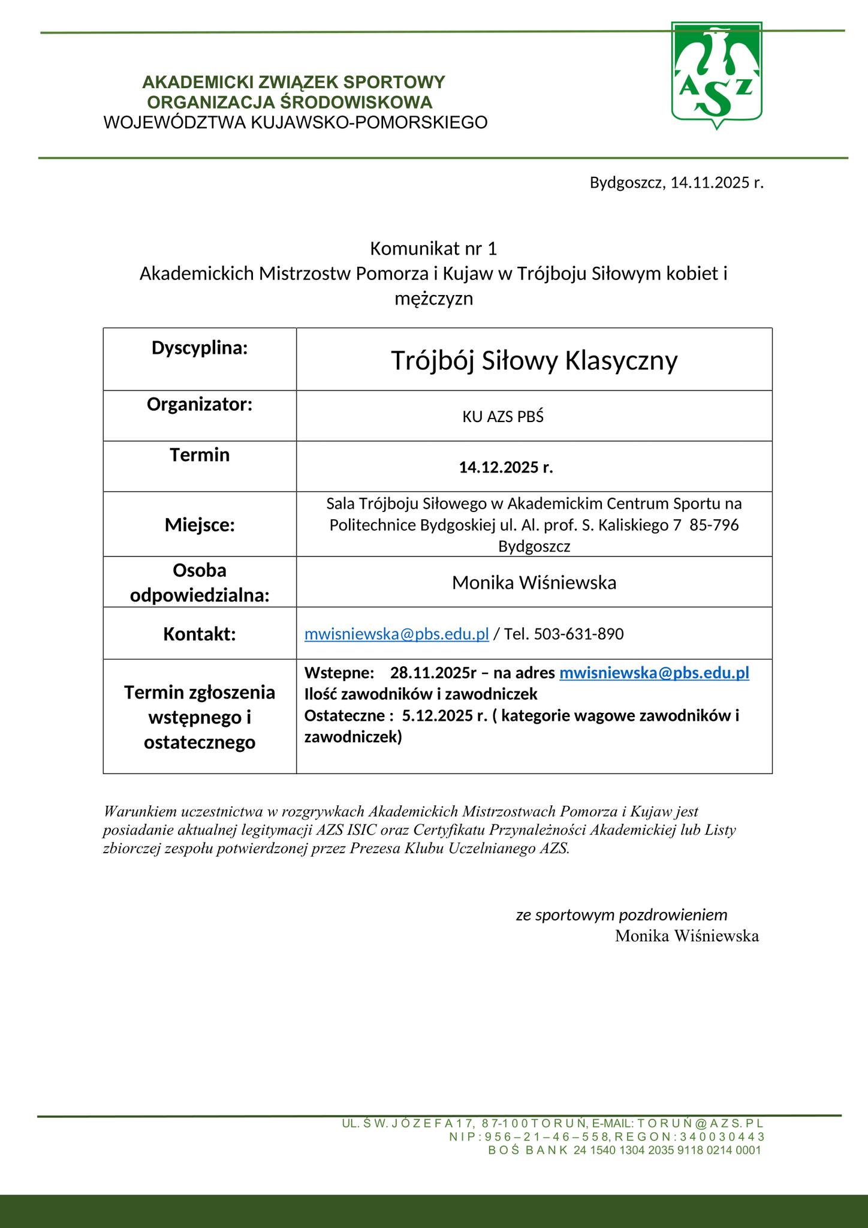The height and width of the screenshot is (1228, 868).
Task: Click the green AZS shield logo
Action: (716, 74)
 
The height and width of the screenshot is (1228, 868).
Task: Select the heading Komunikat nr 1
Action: (433, 248)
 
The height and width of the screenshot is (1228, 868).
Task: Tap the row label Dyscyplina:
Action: (200, 348)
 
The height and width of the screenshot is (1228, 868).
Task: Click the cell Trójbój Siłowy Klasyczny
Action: (534, 361)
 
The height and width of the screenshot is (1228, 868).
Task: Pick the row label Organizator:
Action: (200, 404)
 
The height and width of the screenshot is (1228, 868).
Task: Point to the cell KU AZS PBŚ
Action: (502, 417)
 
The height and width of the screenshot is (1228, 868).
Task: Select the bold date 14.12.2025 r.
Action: (506, 468)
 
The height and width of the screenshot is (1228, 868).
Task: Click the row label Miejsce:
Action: (200, 525)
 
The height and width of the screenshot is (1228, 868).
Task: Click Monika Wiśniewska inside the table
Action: (534, 582)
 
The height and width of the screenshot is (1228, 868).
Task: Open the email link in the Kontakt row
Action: (397, 634)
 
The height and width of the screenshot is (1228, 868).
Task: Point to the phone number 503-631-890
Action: (578, 634)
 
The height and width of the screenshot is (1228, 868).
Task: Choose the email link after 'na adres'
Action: (654, 673)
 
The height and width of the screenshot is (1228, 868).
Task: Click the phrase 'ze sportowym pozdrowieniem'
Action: (622, 914)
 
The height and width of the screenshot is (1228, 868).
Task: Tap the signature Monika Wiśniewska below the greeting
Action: (686, 935)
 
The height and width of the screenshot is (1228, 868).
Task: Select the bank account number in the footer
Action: (667, 1150)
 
